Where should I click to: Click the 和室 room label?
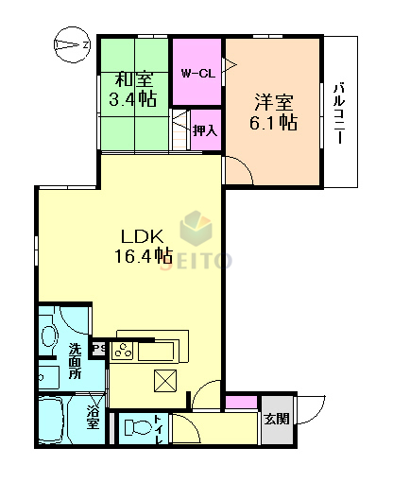point(134,80)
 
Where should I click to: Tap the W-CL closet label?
point(196,72)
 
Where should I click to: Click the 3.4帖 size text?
point(134,99)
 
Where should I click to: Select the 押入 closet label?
point(205,130)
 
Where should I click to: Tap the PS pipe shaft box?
point(99,348)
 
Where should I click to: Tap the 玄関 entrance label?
point(276,419)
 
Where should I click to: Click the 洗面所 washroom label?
point(76,362)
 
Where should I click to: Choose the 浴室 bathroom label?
point(93,416)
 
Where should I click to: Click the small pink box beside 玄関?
point(243,404)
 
